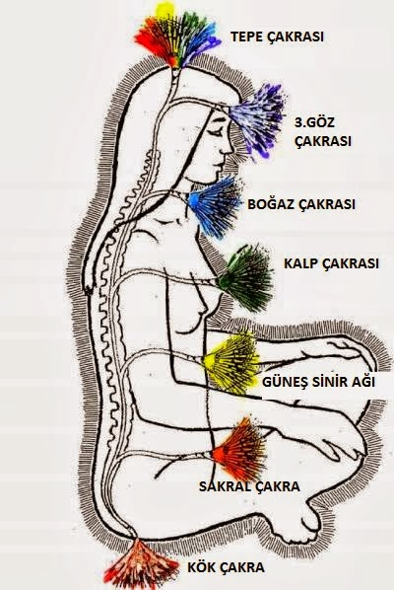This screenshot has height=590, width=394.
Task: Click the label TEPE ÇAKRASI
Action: (x=277, y=37)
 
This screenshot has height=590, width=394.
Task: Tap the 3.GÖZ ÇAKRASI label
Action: (x=323, y=132)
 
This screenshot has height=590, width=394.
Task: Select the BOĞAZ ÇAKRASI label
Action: (x=301, y=204)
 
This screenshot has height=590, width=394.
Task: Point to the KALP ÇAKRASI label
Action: (x=331, y=263)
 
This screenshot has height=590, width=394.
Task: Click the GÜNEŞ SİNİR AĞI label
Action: (x=318, y=382)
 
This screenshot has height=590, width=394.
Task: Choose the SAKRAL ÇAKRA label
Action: (x=249, y=486)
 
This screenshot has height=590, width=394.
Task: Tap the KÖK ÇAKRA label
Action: (x=226, y=567)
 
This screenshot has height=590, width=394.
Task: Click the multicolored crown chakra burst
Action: (x=176, y=36)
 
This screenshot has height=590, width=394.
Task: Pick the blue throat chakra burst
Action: (x=215, y=207)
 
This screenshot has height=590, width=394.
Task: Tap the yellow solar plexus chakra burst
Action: (x=231, y=363)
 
